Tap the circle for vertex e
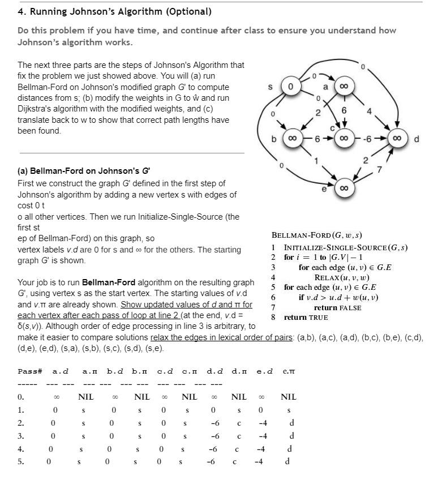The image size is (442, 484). [x=343, y=187]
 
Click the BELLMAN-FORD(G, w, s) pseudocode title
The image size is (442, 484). [x=317, y=235]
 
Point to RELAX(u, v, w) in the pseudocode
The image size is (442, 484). [x=342, y=277]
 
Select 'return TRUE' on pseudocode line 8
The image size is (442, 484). [x=306, y=318]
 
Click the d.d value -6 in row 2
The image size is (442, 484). [x=214, y=423]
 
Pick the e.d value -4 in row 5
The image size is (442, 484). [x=259, y=461]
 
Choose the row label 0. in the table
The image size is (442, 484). [x=21, y=397]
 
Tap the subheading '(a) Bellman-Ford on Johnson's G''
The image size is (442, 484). [x=84, y=170]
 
